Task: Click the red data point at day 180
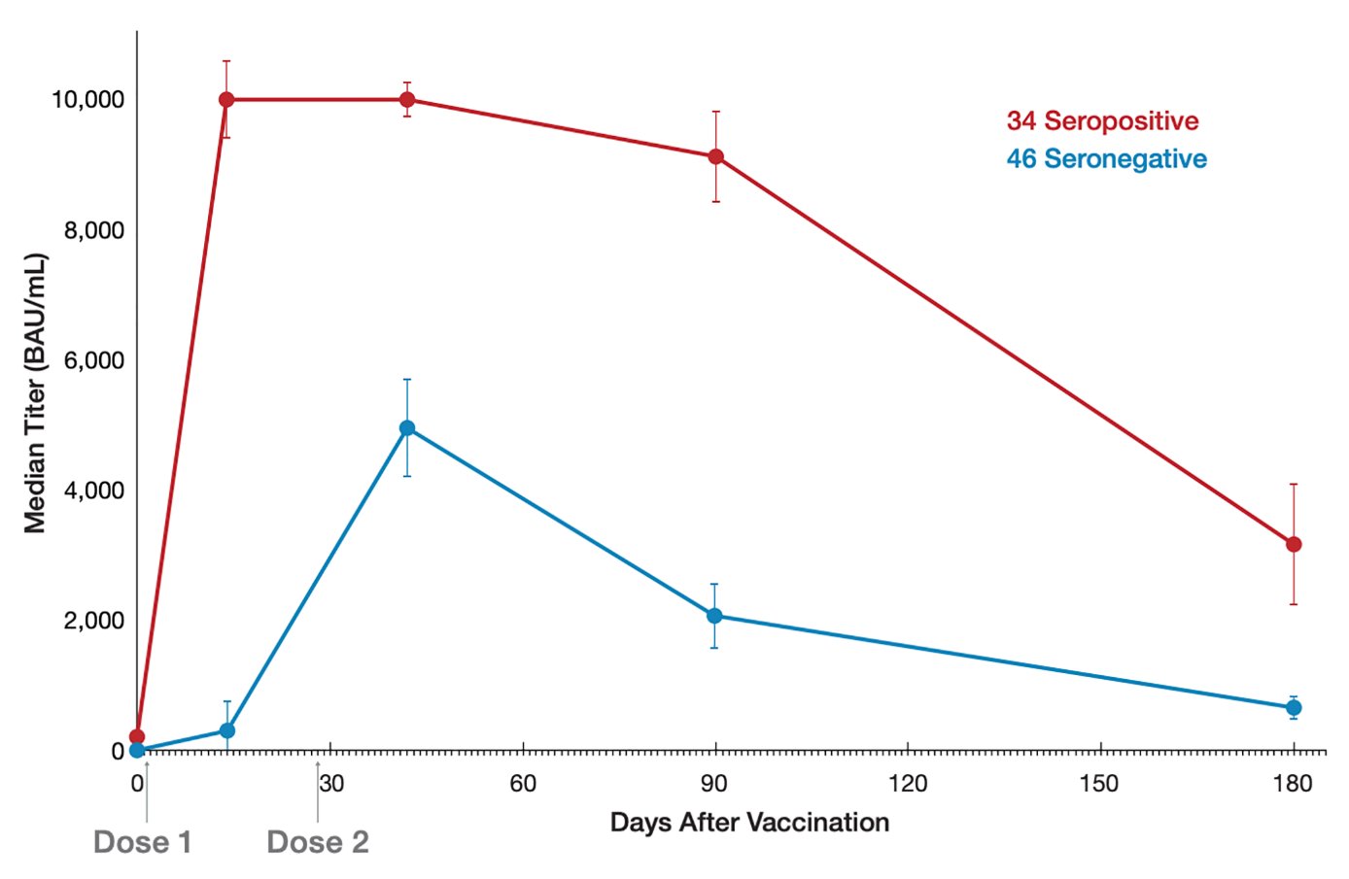pos(1294,545)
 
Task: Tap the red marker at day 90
pos(715,156)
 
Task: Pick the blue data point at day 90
pos(714,616)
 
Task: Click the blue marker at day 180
pos(1294,708)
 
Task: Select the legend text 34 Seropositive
pos(1102,121)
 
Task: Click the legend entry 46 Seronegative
pos(1106,159)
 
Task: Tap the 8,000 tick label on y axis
pos(94,231)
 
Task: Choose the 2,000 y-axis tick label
pos(94,622)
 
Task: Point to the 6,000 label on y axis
pos(94,361)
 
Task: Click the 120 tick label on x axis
pos(908,784)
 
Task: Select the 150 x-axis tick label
pos(1099,784)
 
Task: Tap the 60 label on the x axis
pos(523,784)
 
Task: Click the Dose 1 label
pos(143,842)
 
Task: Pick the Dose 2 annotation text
pos(318,842)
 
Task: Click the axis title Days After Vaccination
pos(749,823)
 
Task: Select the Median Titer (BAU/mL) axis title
pos(36,393)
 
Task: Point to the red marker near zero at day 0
pos(137,737)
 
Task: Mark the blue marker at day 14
pos(227,730)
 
